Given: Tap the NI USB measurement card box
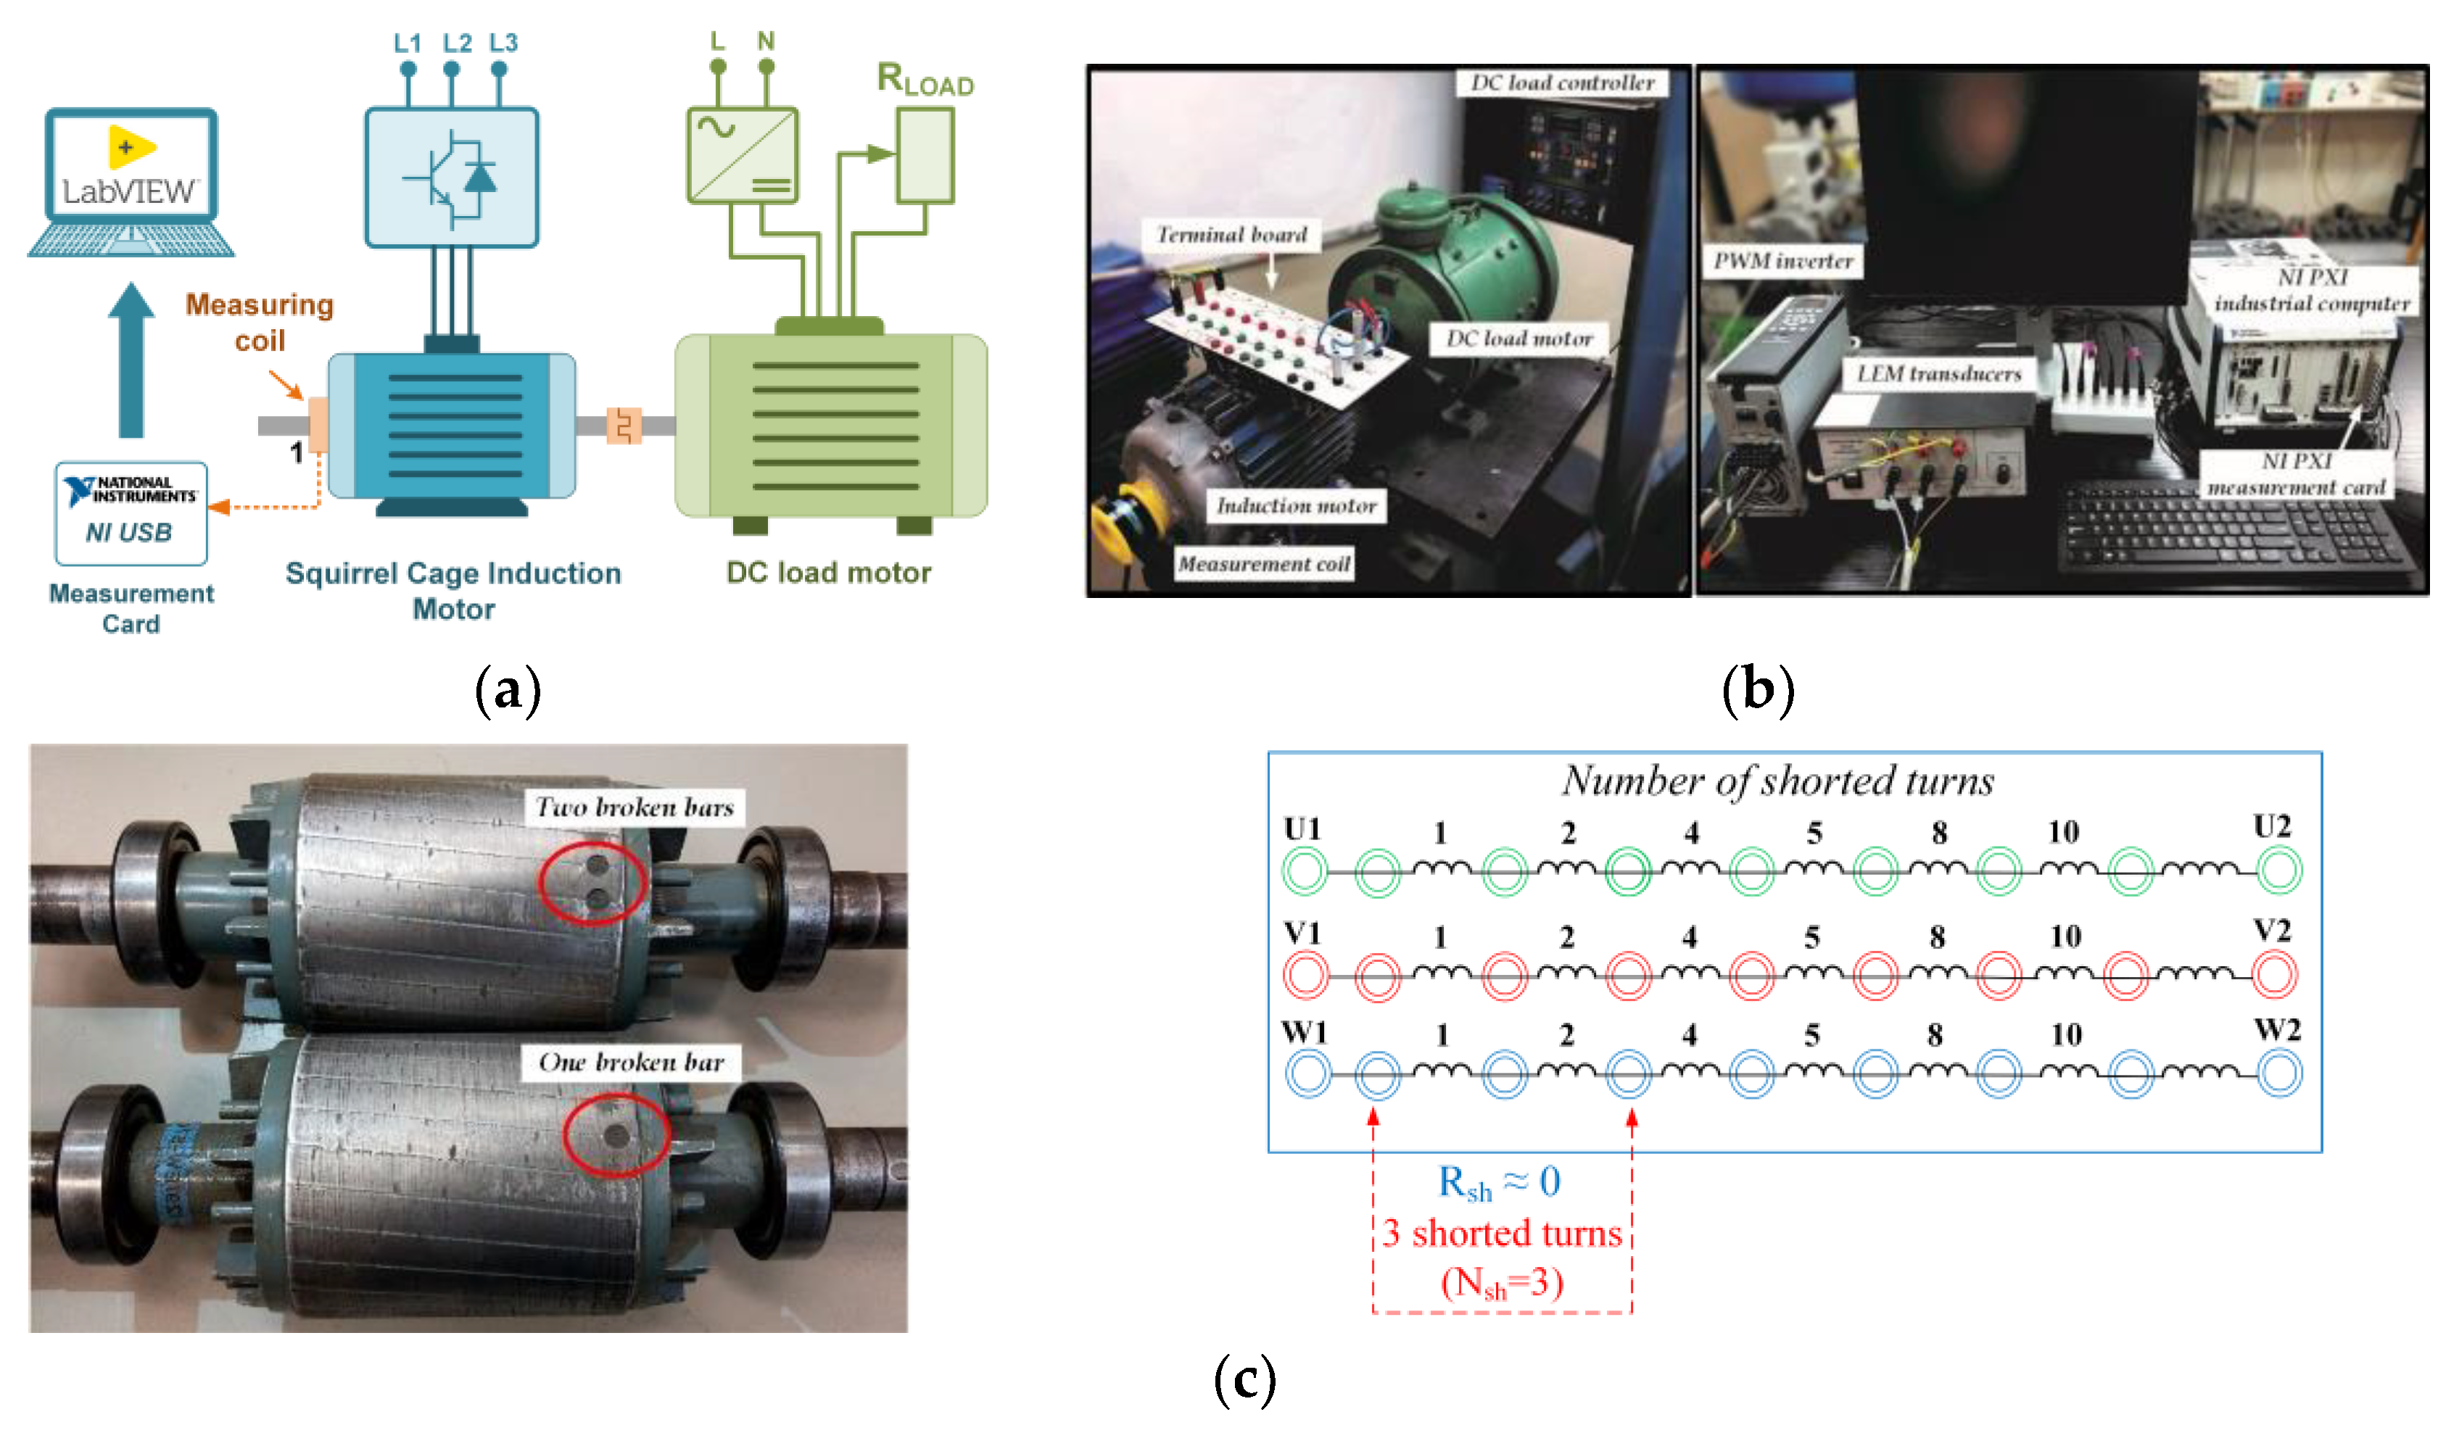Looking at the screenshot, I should click(x=131, y=514).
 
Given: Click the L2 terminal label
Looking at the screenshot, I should click(x=457, y=43).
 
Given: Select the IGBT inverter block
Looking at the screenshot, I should click(x=452, y=178).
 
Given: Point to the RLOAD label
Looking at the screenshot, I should click(x=925, y=80).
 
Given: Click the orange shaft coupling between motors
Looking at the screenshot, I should click(x=624, y=425).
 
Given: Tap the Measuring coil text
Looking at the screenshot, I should click(x=260, y=323).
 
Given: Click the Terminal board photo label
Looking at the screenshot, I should click(x=1231, y=235).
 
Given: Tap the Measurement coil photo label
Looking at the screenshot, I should click(x=1264, y=564).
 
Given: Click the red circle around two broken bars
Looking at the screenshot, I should click(x=593, y=882).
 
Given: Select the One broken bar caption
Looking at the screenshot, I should click(x=632, y=1063).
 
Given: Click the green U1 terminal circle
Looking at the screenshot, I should click(x=1305, y=870).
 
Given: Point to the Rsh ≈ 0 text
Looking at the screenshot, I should click(x=1500, y=1183).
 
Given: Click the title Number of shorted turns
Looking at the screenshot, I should click(x=1778, y=781).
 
